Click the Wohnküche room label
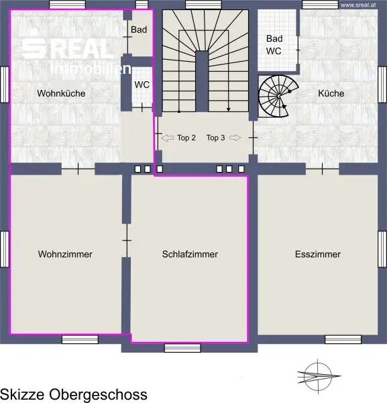click(61, 93)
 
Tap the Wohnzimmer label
click(65, 254)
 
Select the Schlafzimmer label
click(190, 254)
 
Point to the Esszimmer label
click(318, 254)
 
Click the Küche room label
click(331, 93)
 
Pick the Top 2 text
click(186, 138)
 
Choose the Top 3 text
click(215, 138)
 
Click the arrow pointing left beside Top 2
click(167, 138)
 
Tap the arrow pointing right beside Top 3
click(235, 138)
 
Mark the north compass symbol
click(318, 377)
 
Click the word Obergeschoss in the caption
click(98, 394)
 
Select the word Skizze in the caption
click(23, 394)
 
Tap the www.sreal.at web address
click(358, 5)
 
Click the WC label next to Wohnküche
click(142, 85)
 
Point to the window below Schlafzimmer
click(182, 348)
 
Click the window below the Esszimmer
click(343, 339)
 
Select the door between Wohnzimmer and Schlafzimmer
click(127, 240)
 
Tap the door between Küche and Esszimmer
click(323, 169)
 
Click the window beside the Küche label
click(382, 85)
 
